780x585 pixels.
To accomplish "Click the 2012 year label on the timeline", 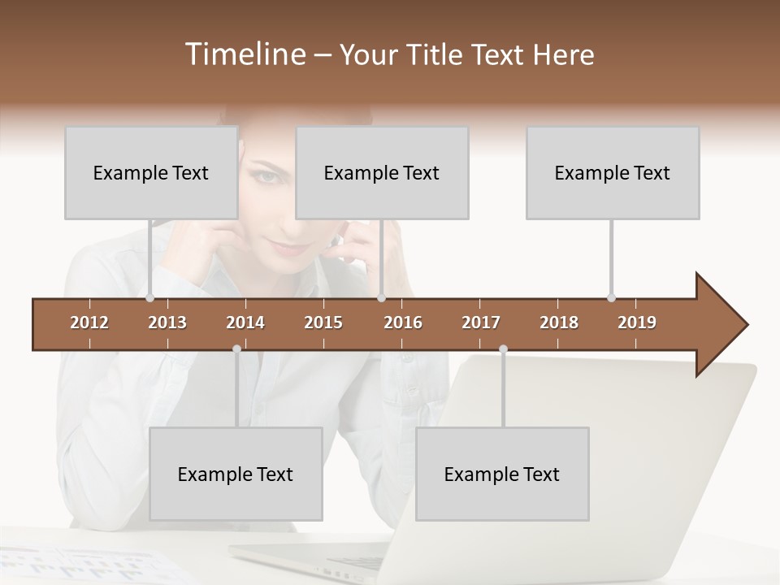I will point(89,323).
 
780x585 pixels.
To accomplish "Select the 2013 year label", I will point(167,323).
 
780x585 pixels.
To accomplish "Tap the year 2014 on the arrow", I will point(245,323).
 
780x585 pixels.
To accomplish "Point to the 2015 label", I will point(323,323).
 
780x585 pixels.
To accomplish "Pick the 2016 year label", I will point(403,323).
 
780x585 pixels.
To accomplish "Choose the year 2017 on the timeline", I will point(481,323).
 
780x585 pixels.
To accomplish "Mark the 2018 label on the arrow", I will point(559,323).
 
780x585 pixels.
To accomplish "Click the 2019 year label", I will point(637,323).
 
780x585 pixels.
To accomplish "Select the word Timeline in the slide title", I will point(243,54).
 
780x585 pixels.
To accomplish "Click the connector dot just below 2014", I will point(236,349).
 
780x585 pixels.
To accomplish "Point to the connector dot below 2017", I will point(503,349).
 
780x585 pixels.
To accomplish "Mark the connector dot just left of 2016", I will point(381,298).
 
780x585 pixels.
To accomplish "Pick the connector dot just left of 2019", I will point(611,297).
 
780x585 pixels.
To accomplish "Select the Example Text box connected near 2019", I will point(613,173).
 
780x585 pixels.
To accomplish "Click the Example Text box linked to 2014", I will point(236,474).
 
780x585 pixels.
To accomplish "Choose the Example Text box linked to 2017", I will point(502,474).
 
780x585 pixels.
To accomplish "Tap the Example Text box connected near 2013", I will point(151,173).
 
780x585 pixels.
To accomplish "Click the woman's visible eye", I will point(269,175).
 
